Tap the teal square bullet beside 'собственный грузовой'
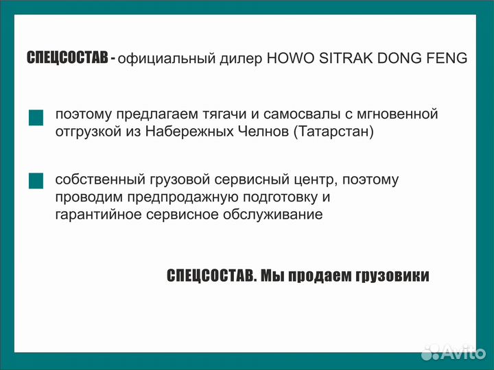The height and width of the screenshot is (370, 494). point(36,181)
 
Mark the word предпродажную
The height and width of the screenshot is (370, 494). point(159,197)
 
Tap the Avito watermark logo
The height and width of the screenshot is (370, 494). point(453,352)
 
